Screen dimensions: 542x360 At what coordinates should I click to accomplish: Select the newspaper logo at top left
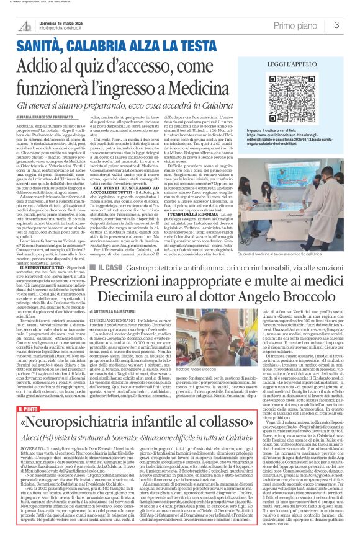tap(24, 25)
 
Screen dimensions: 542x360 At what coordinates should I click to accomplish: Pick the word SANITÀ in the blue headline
tap(38, 45)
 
